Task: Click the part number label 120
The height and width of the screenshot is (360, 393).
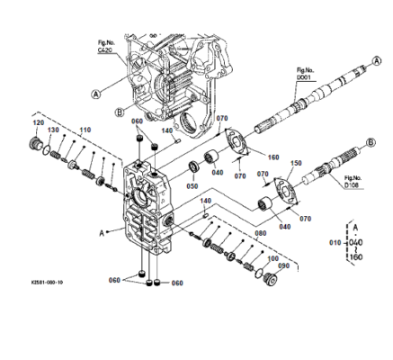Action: (38, 122)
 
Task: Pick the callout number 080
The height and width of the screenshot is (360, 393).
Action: (260, 234)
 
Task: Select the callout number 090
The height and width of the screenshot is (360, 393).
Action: (284, 265)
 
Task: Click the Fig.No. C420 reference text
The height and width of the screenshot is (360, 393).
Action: (109, 46)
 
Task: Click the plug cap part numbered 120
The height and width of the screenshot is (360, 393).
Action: (39, 144)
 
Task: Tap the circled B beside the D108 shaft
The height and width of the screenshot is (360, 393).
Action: (370, 142)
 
